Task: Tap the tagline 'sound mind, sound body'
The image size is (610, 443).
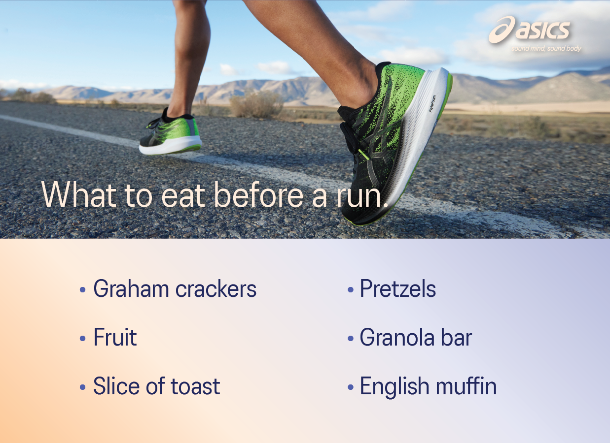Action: (x=546, y=49)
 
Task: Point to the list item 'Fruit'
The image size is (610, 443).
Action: (x=115, y=338)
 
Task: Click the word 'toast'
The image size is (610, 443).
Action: (x=195, y=386)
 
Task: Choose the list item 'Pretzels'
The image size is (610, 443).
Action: (x=397, y=289)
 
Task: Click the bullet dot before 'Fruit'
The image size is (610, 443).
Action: (x=83, y=339)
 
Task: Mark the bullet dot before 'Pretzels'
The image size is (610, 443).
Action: (x=351, y=290)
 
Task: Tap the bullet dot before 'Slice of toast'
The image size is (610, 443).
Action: (x=83, y=388)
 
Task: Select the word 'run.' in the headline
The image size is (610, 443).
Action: (x=360, y=195)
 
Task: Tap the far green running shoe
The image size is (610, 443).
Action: (x=170, y=135)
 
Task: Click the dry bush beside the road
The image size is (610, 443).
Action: (x=256, y=104)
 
